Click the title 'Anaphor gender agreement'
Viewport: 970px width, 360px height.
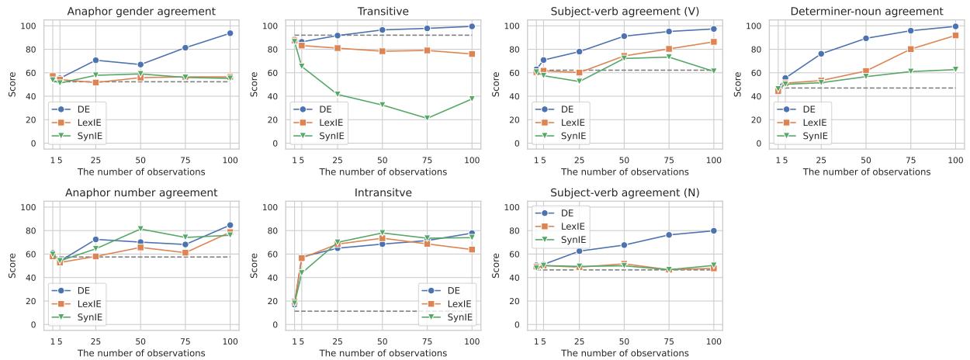pyautogui.click(x=140, y=11)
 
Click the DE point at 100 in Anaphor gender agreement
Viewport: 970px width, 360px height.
pyautogui.click(x=230, y=33)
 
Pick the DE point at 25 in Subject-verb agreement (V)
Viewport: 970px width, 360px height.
pyautogui.click(x=579, y=52)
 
